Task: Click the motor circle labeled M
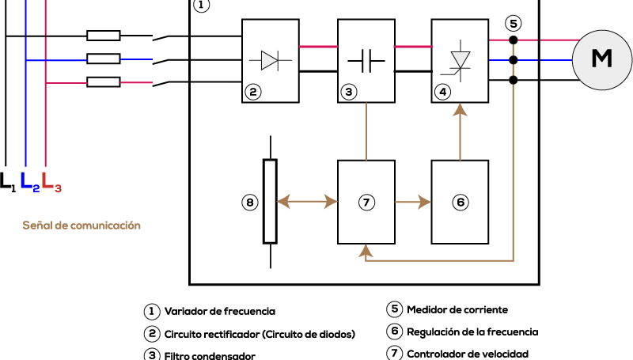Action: (x=602, y=59)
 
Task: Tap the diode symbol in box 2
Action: (x=270, y=61)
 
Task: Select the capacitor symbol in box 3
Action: (x=366, y=61)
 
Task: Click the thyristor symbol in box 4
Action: (x=460, y=62)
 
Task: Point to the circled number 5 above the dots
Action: (x=513, y=24)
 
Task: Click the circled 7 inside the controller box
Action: (x=366, y=203)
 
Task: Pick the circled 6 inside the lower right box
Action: (x=461, y=203)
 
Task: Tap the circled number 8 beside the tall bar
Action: (x=250, y=203)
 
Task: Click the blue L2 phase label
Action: (x=30, y=182)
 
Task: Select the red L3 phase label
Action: (x=51, y=182)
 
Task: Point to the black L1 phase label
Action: (x=8, y=182)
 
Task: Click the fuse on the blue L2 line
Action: (x=104, y=59)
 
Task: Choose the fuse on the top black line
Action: (x=104, y=36)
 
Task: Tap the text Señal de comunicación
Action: (x=81, y=225)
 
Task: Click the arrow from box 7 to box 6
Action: (x=413, y=202)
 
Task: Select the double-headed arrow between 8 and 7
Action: (x=307, y=202)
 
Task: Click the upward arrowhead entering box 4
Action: (x=460, y=110)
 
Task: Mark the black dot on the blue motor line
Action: (x=513, y=60)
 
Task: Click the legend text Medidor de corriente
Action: (x=457, y=309)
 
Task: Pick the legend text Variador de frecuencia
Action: (x=220, y=311)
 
